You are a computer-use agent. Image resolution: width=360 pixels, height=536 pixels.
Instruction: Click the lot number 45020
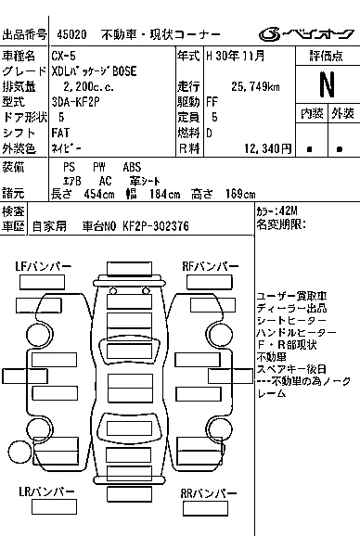pos(71,34)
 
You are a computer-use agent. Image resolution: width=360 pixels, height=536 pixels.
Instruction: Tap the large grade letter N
pos(327,84)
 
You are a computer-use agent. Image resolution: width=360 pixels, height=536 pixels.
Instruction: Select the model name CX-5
pos(64,56)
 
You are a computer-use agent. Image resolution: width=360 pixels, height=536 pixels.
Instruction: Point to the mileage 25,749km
pos(255,86)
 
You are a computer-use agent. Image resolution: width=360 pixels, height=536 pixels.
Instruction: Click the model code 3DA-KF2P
pos(75,102)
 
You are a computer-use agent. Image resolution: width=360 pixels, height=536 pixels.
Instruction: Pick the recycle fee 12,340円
pos(268,148)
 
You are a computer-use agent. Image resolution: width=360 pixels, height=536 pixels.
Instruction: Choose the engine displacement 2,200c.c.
pos(88,86)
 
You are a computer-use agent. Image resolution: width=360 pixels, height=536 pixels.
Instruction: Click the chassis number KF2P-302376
pos(156,226)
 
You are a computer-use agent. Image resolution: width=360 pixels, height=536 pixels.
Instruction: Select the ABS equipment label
pos(132,167)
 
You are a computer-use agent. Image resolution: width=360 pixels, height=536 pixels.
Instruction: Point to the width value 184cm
pos(165,194)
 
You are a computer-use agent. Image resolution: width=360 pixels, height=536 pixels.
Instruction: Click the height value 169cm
pos(240,194)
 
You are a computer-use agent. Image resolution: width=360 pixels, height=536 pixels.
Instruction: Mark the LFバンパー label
pos(44,266)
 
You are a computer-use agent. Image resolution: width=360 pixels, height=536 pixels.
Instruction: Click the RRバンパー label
pos(209,493)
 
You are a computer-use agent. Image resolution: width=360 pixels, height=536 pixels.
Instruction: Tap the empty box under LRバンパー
pos(54,507)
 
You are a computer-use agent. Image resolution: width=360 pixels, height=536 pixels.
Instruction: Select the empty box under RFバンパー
pos(210,282)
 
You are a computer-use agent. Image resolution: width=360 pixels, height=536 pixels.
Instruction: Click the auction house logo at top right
pos(306,34)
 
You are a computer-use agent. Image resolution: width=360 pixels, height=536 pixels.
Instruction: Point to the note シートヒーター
pos(291,320)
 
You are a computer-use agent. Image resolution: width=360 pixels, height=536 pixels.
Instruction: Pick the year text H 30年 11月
pos(236,56)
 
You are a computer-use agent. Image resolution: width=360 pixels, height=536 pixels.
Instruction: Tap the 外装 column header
pos(342,113)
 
